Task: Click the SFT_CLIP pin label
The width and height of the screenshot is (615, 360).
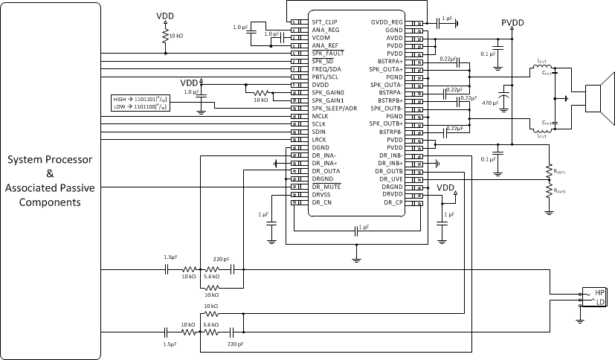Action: (325, 22)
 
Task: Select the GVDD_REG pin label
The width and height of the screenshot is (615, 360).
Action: (387, 22)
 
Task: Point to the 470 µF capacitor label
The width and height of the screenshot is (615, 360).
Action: (491, 101)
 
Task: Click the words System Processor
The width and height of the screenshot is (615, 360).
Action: (51, 160)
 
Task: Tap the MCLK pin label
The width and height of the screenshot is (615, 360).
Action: (321, 116)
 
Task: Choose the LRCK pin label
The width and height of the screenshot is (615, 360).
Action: (320, 140)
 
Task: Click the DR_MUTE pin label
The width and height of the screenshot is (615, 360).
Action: (326, 187)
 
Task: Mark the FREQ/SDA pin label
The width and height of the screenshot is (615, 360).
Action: (326, 69)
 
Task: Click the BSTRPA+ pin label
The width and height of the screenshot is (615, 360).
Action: (390, 62)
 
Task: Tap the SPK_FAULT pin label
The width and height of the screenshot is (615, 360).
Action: (326, 54)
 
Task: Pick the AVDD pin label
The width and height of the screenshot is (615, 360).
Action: (393, 38)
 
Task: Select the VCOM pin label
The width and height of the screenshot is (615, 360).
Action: (321, 38)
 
